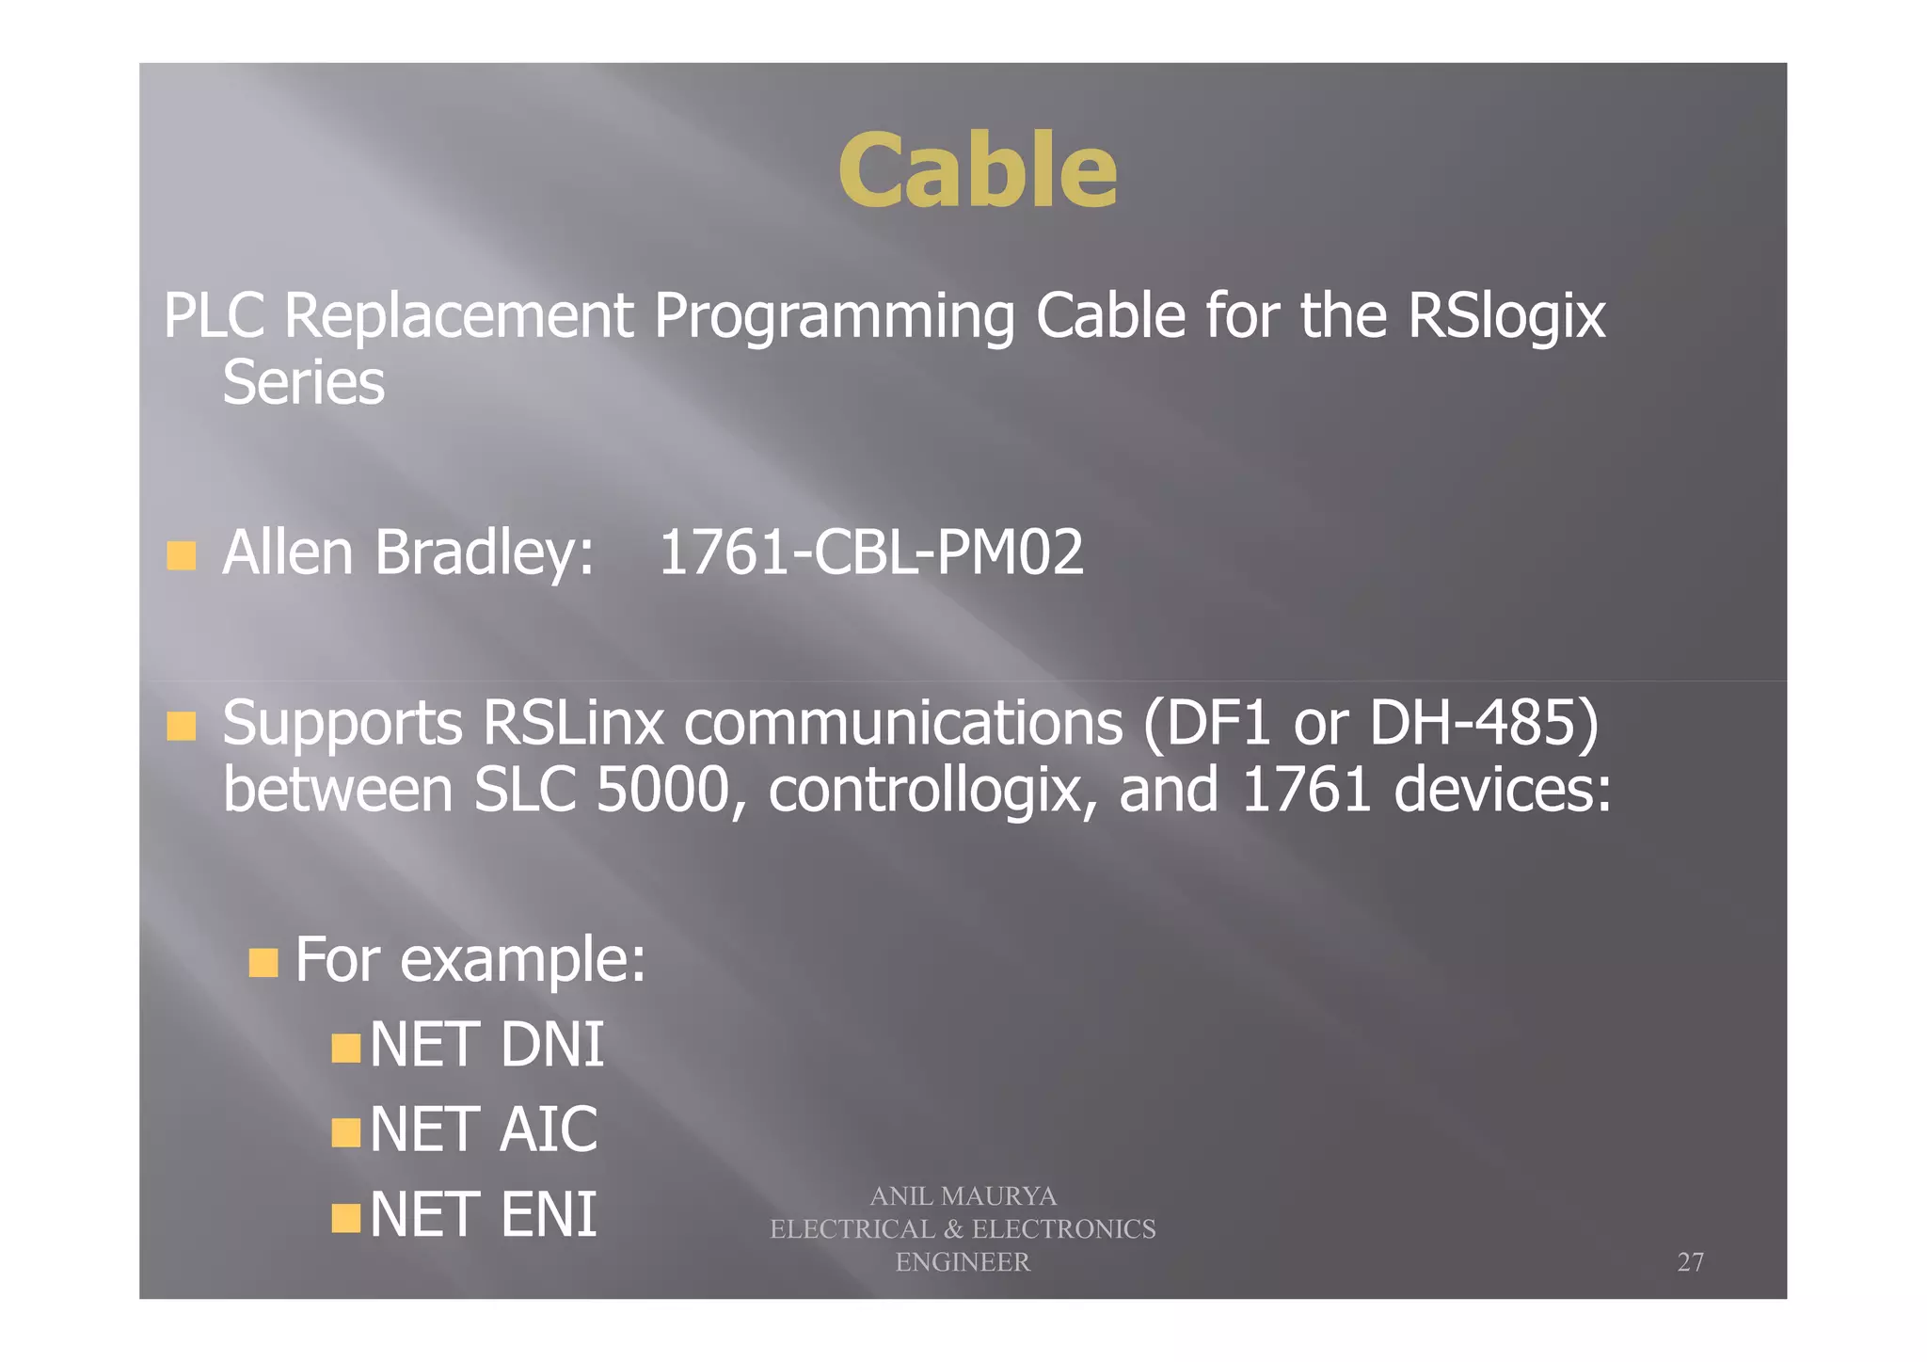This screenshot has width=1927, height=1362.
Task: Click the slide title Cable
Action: coord(977,170)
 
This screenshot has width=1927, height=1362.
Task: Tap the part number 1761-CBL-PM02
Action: coord(870,553)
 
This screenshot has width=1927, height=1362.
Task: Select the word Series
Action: coord(303,383)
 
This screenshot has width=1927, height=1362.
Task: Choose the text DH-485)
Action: coord(1484,723)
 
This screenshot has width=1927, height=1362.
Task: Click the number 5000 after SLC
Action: coord(663,790)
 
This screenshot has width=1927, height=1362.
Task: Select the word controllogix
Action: coord(932,790)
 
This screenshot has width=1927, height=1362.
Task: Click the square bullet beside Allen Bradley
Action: coord(182,555)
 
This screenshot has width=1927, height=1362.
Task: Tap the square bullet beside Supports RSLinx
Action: coord(182,726)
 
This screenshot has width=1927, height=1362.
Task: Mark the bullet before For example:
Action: coord(263,962)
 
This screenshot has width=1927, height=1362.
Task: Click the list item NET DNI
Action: coord(486,1045)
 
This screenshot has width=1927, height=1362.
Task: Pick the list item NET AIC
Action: coord(483,1130)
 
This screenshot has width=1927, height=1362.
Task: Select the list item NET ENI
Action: coord(483,1214)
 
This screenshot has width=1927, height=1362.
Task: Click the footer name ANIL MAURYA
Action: coord(963,1195)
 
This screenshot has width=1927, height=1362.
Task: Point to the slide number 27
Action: coord(1690,1261)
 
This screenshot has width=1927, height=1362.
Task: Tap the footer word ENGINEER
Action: coord(963,1261)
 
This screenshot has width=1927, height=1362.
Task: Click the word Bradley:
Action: coord(484,553)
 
